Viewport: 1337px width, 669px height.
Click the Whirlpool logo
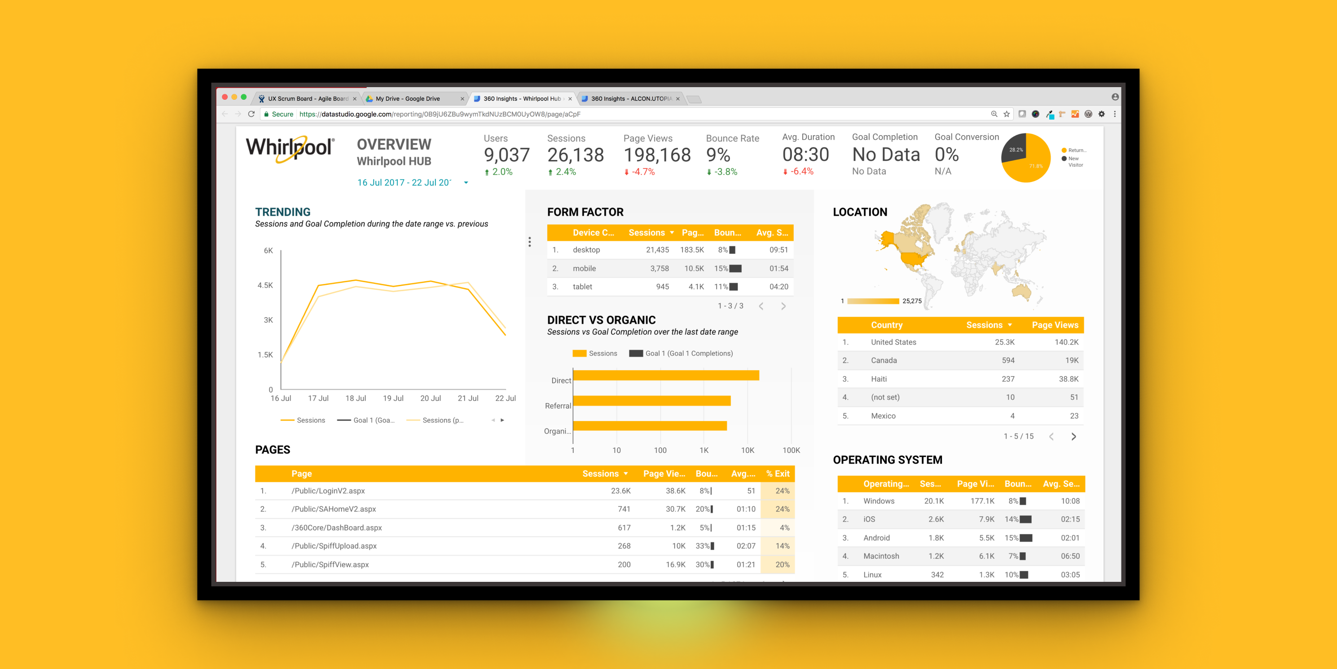coord(290,149)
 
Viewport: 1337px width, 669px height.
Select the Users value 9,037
coord(506,155)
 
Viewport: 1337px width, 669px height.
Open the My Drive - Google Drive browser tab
coord(408,99)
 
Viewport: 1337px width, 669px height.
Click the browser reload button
coord(251,114)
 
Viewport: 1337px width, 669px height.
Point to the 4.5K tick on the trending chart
coord(265,285)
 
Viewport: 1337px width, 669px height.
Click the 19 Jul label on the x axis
coord(393,399)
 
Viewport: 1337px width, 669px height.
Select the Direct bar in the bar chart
coord(665,375)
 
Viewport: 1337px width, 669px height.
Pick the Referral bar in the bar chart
coord(651,400)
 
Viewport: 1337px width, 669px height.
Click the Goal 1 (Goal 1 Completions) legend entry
coord(681,353)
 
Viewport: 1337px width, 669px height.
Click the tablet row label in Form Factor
coord(582,287)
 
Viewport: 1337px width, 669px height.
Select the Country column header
coord(887,325)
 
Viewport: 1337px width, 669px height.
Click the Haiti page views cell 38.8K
coord(1068,379)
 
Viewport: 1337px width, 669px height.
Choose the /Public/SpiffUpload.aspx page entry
coord(334,546)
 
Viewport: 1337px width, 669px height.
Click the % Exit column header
coord(778,474)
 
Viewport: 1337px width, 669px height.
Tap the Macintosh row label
coord(881,556)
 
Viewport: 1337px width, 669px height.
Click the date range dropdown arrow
coord(466,183)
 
